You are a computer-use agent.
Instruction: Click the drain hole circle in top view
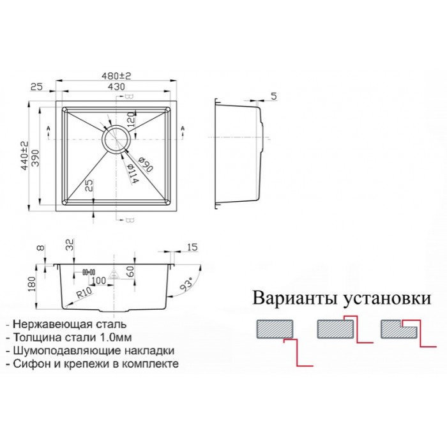pos(116,138)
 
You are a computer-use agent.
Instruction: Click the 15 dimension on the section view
pos(192,246)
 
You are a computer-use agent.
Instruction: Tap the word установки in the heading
pos(386,298)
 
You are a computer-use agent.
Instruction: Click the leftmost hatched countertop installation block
pos(274,329)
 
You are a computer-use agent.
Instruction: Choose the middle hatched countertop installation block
pos(335,329)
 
